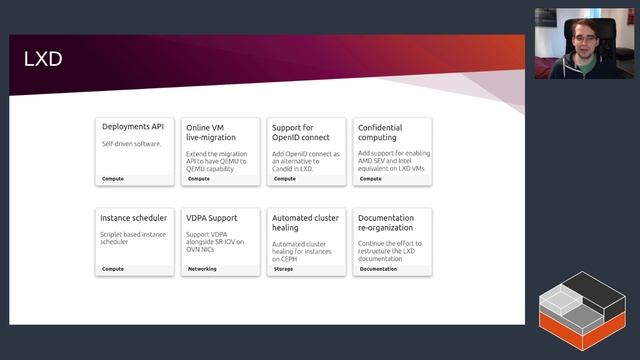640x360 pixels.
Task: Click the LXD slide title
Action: tap(43, 60)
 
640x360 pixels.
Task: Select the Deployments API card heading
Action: tap(132, 127)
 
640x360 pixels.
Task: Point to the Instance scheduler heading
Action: tap(134, 217)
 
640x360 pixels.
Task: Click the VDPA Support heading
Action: tap(212, 217)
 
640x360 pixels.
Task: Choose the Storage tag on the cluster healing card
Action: tap(283, 269)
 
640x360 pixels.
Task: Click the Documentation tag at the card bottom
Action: tap(378, 269)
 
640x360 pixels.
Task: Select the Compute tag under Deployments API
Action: tap(113, 179)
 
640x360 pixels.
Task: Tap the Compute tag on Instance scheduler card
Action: tap(113, 269)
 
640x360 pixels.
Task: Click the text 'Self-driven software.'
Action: tap(131, 144)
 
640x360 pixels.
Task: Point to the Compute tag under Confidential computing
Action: tap(370, 179)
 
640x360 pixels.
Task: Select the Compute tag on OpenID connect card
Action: tap(284, 179)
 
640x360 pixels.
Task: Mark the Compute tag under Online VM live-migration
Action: tap(199, 179)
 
